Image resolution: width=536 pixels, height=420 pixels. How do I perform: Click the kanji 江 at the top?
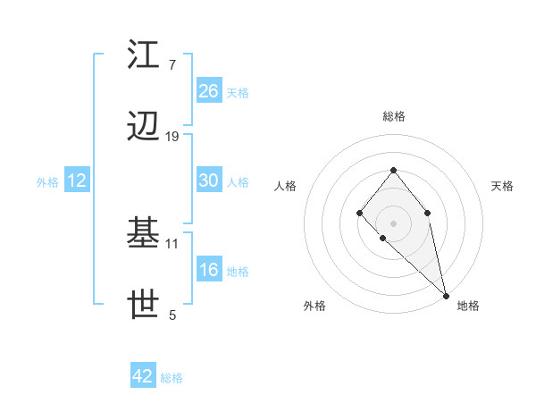coord(144,56)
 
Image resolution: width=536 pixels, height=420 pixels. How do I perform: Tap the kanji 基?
coord(144,234)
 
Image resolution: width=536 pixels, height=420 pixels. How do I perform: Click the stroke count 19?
coord(172,137)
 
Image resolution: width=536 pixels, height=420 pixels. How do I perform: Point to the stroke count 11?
coord(172,242)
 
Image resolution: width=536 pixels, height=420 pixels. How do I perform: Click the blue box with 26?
coord(209,91)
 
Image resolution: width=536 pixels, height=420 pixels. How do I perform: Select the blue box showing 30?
coord(209,181)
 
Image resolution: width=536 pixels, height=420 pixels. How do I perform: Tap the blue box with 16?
coord(209,270)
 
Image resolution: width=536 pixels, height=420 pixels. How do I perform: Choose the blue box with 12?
coord(77,181)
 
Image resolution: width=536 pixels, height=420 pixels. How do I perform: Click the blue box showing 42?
coord(143,376)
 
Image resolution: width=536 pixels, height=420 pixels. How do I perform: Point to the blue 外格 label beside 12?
coord(47,182)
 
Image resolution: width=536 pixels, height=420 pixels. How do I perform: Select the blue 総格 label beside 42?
coord(172,378)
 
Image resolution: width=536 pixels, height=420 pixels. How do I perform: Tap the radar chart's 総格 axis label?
coord(394,116)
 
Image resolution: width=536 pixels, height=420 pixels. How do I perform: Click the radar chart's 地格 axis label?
coord(468,306)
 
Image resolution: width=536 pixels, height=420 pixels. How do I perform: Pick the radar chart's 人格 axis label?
coord(285,186)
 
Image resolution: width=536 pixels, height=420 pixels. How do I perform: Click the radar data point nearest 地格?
coord(446,295)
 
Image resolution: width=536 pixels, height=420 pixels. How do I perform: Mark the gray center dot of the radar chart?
coord(393,223)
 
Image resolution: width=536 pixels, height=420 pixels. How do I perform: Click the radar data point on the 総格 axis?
coord(393,170)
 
